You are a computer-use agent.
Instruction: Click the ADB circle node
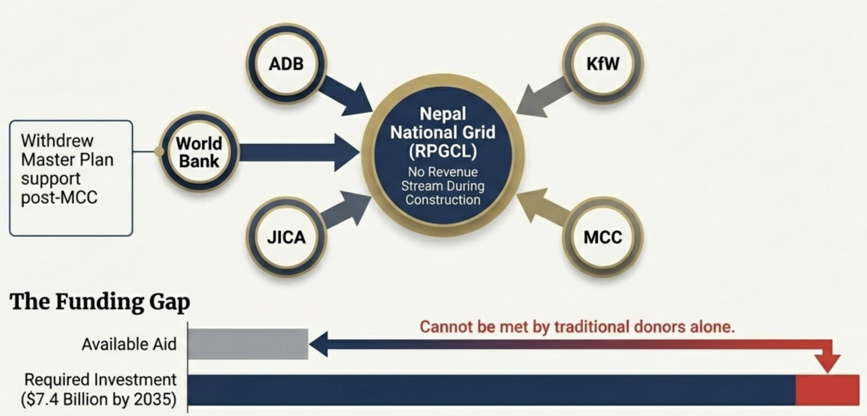tap(286, 63)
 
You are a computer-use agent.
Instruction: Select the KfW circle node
tap(603, 63)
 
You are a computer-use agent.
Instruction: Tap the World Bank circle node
tap(199, 152)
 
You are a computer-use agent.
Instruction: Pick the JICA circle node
tap(286, 239)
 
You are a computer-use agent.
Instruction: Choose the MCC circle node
tap(603, 239)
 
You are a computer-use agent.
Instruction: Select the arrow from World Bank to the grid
tap(299, 152)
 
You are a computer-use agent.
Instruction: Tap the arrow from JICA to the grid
tap(344, 209)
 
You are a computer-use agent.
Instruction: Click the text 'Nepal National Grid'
tap(442, 125)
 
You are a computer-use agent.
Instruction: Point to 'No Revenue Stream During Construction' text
tap(442, 187)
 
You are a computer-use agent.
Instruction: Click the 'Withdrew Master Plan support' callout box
tap(71, 178)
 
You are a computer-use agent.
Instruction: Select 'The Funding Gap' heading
tap(99, 302)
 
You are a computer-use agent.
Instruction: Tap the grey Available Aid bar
tap(247, 344)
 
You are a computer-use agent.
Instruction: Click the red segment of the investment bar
tap(827, 390)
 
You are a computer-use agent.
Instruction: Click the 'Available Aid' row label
tap(129, 344)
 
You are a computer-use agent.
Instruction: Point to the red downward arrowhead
tap(827, 363)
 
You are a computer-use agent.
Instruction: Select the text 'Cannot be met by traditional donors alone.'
tap(577, 326)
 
